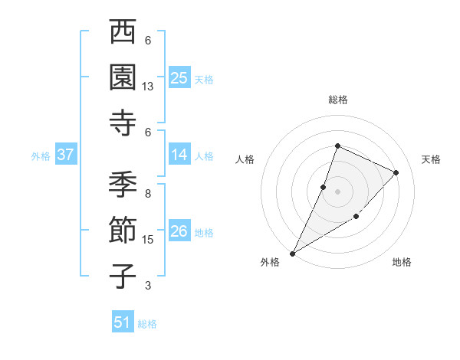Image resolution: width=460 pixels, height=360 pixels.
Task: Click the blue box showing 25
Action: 179,77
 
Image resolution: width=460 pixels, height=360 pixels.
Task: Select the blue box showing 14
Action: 179,155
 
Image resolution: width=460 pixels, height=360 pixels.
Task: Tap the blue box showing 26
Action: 179,231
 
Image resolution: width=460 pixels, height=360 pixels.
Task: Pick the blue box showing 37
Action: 66,155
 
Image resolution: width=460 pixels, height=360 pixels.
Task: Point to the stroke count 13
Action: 149,87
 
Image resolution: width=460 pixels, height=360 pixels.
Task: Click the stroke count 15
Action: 149,240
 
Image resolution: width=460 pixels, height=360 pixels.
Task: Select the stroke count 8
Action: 148,194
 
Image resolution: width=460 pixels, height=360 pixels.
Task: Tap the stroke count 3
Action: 148,286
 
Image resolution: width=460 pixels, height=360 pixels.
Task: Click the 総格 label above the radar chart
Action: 338,100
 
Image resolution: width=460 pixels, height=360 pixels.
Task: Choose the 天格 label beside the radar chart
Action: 432,159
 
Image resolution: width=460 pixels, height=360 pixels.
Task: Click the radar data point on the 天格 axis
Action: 396,172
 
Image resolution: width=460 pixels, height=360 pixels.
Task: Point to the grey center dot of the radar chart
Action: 337,191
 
